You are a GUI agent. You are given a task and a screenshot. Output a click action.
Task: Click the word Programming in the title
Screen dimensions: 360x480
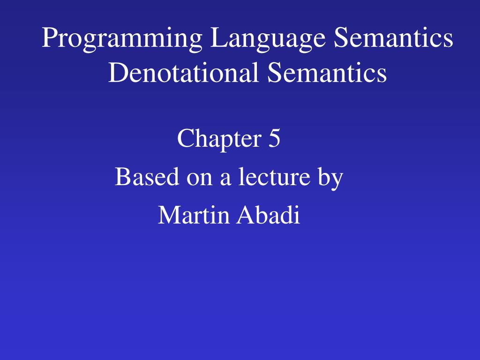(x=122, y=39)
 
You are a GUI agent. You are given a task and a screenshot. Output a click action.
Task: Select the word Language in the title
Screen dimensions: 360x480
(x=268, y=39)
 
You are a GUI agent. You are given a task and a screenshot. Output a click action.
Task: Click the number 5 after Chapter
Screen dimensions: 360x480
(x=275, y=139)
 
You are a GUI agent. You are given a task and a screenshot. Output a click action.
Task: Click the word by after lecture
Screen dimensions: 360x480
(x=331, y=178)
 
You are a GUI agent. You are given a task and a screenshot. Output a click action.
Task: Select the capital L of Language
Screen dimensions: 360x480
(x=216, y=38)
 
